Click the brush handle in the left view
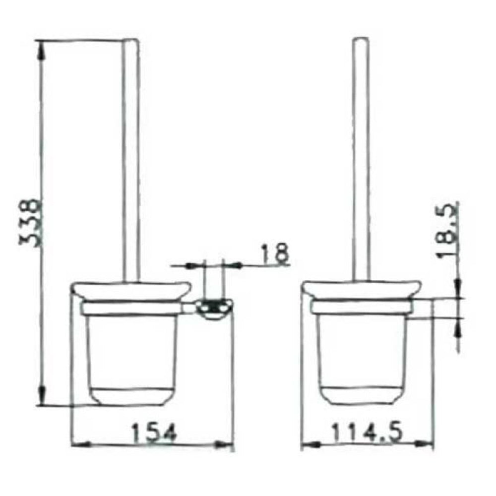(130, 159)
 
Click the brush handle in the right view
(361, 159)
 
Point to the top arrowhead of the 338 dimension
(42, 46)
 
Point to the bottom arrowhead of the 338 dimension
(42, 400)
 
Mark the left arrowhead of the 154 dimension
(78, 444)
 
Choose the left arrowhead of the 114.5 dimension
(308, 444)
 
